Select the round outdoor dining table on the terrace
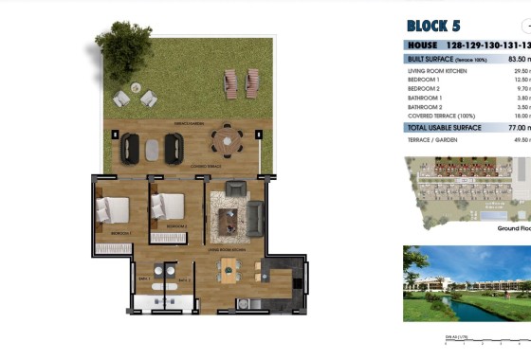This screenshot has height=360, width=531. pyautogui.click(x=226, y=144)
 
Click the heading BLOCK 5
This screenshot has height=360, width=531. pyautogui.click(x=433, y=26)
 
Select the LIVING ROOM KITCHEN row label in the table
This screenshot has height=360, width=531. pyautogui.click(x=436, y=70)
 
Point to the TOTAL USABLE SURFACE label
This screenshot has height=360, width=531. pyautogui.click(x=444, y=127)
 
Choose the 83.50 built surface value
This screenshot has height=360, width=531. pyautogui.click(x=516, y=59)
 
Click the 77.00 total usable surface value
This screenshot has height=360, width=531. pyautogui.click(x=516, y=127)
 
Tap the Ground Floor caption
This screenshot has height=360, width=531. pyautogui.click(x=513, y=228)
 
